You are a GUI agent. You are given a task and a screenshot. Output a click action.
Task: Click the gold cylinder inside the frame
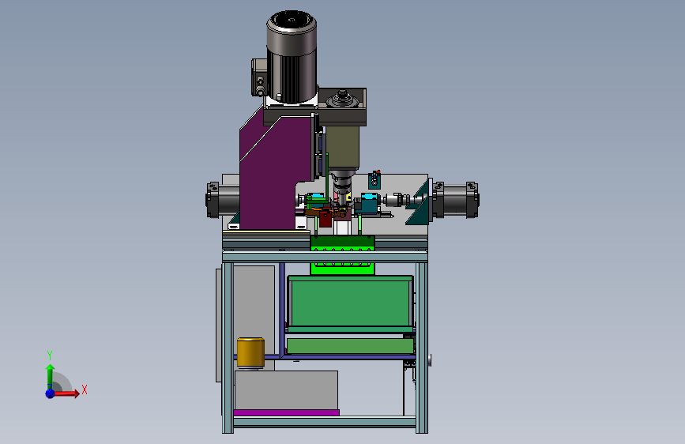(250, 352)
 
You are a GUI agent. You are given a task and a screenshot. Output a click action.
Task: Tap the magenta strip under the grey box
(286, 412)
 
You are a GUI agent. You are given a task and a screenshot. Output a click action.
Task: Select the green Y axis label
(50, 355)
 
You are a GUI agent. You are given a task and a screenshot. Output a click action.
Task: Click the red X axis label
(85, 389)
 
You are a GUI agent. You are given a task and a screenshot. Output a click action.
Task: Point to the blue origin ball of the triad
(51, 393)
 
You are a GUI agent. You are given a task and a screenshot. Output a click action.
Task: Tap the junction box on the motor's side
(258, 77)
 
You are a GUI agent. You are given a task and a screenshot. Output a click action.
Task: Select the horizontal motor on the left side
(222, 200)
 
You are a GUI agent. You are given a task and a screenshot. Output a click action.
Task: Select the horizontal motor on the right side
(455, 200)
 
